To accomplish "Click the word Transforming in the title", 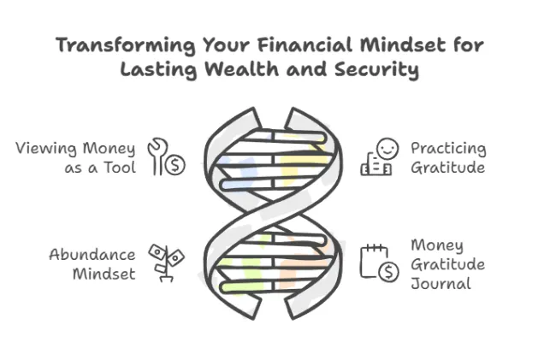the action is (x=126, y=46).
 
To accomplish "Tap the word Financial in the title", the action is (x=305, y=45).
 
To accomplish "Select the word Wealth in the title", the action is (x=242, y=68).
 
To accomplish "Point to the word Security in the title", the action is (x=376, y=70).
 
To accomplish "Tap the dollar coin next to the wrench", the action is (x=175, y=165).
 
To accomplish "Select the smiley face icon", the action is (x=387, y=149).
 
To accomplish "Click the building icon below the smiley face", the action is (x=376, y=164).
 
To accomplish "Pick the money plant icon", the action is (x=166, y=263).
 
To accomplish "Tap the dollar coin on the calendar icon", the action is (x=388, y=272).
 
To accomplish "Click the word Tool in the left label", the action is (x=120, y=168).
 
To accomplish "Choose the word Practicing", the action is (x=448, y=149).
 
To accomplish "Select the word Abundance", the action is (x=92, y=255).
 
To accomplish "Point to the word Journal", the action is (x=441, y=283).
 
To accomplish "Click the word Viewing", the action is (x=46, y=149).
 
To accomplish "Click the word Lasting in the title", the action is (x=158, y=69).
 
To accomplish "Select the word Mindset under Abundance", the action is (x=104, y=274).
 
